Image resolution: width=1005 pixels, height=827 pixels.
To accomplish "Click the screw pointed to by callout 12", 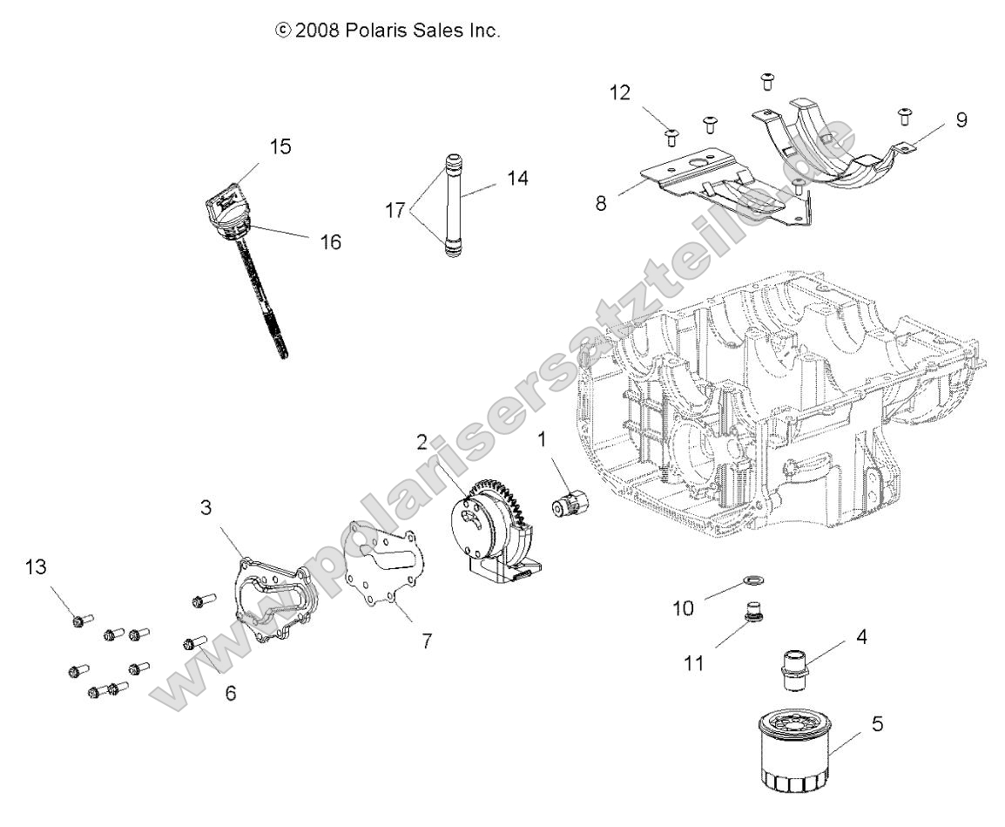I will [671, 135].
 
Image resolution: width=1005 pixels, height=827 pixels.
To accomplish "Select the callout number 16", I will [328, 241].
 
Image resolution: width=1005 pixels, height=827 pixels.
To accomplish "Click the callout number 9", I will [961, 120].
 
